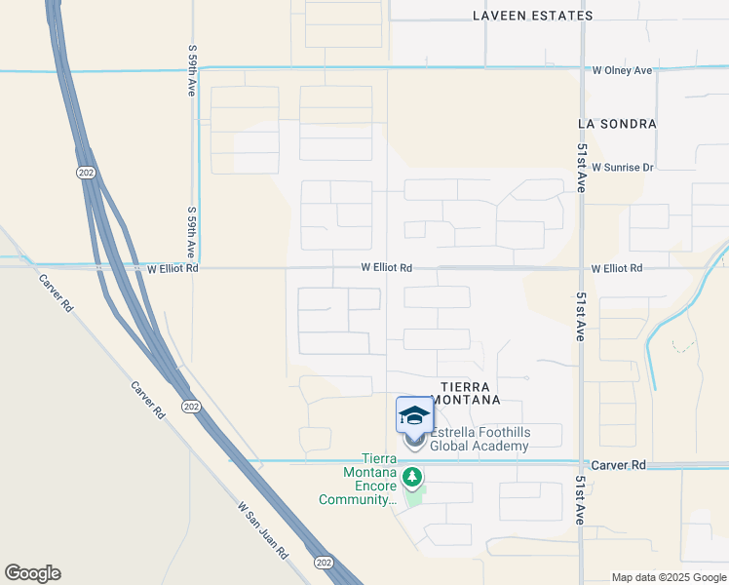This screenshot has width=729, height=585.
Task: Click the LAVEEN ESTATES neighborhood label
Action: point(532,16)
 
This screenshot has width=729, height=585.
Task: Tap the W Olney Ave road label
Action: point(622,70)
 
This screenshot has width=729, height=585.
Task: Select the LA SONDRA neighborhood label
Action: point(617,125)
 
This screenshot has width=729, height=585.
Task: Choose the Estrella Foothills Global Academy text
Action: point(480,439)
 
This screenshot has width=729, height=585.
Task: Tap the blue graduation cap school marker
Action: point(414,415)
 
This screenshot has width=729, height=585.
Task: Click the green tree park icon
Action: point(413,477)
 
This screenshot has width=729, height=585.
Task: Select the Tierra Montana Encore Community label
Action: point(358,480)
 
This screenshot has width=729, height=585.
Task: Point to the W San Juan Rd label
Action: point(263,529)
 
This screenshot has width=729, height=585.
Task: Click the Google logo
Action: point(32,573)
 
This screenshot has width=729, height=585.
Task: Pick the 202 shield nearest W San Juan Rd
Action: point(323,563)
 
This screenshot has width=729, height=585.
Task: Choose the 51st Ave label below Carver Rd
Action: point(580,501)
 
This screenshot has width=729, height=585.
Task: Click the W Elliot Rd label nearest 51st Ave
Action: point(617,267)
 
